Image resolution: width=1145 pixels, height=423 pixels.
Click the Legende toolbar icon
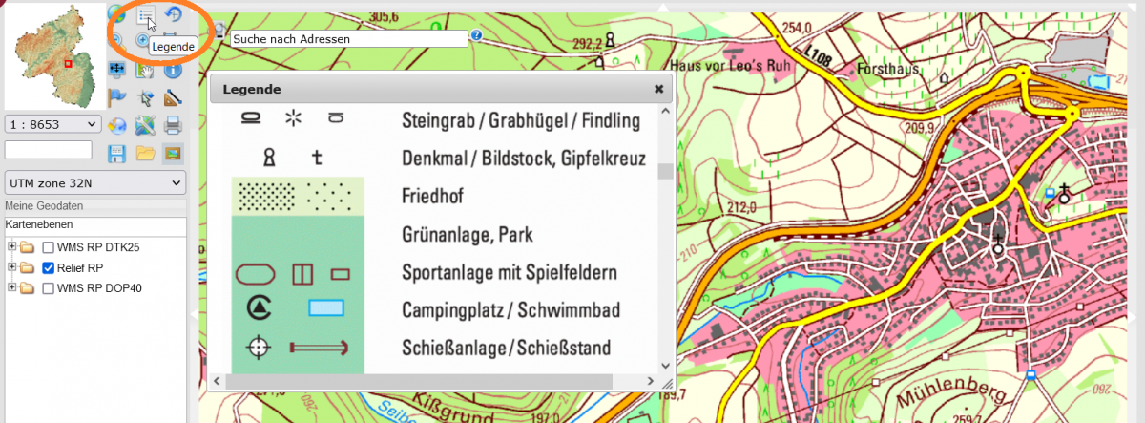click(x=145, y=15)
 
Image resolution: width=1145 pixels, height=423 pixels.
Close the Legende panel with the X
click(x=658, y=89)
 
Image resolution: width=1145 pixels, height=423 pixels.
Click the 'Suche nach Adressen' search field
click(x=349, y=39)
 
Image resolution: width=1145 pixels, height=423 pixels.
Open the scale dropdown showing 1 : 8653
click(x=53, y=124)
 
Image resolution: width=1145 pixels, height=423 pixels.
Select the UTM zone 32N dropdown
click(x=94, y=183)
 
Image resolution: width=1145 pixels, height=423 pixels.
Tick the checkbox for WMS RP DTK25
click(x=48, y=247)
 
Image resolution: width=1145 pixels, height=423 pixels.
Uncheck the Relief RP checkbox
click(x=48, y=267)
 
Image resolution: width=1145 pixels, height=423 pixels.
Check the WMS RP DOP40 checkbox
click(x=48, y=287)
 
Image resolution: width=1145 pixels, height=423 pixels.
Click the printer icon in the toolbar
click(x=173, y=124)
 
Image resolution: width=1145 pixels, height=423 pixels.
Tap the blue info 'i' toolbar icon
click(x=173, y=69)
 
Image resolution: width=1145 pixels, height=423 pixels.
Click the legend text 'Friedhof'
click(x=432, y=197)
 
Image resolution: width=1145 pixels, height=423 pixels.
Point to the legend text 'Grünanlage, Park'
click(x=467, y=235)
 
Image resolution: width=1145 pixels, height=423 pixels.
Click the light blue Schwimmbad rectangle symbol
click(x=326, y=308)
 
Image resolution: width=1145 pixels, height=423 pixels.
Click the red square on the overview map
click(x=68, y=64)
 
